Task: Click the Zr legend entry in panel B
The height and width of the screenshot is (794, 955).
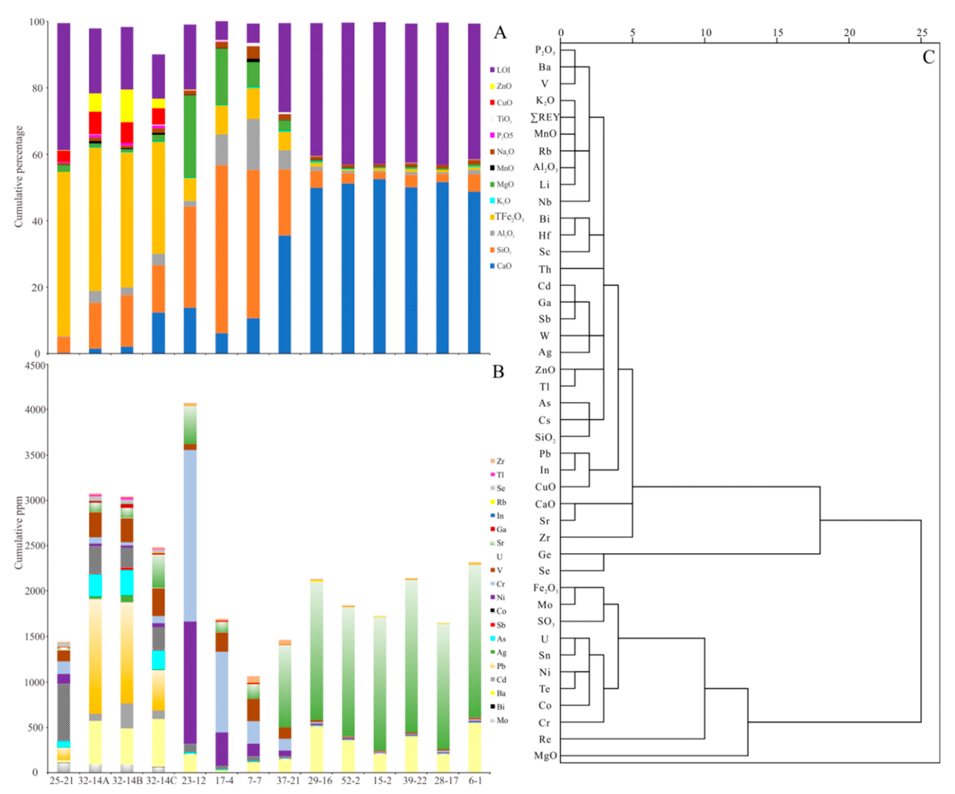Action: [500, 461]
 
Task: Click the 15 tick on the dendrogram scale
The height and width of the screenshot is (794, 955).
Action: [778, 33]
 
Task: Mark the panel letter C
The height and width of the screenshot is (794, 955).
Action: [928, 57]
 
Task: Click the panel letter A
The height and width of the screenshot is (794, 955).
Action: [500, 33]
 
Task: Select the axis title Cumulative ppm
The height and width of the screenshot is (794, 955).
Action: [18, 532]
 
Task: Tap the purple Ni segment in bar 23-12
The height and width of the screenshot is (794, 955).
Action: [190, 683]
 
